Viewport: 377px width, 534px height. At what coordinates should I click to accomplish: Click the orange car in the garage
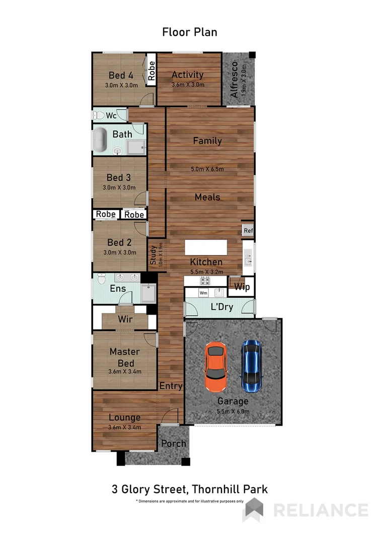pyautogui.click(x=215, y=368)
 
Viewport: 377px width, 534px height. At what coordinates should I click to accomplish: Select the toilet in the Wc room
pyautogui.click(x=99, y=115)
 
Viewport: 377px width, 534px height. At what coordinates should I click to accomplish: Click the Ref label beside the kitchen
pyautogui.click(x=248, y=231)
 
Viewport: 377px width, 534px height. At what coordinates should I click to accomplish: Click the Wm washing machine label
pyautogui.click(x=203, y=293)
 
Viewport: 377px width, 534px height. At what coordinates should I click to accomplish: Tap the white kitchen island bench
pyautogui.click(x=205, y=247)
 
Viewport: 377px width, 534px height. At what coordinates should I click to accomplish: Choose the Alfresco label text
pyautogui.click(x=234, y=81)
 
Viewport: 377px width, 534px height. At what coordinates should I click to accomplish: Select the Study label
pyautogui.click(x=153, y=255)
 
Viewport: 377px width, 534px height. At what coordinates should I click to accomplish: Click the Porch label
pyautogui.click(x=173, y=444)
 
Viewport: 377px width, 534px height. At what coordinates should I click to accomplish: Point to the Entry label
pyautogui.click(x=171, y=386)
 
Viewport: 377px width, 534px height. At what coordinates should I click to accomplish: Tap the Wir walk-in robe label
pyautogui.click(x=125, y=319)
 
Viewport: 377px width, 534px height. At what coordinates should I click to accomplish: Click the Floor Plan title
pyautogui.click(x=190, y=32)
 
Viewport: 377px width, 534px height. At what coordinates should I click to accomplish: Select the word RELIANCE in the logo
pyautogui.click(x=320, y=510)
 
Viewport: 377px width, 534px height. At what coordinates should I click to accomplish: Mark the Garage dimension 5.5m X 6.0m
pyautogui.click(x=233, y=411)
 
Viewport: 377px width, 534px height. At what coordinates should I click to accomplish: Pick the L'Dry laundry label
pyautogui.click(x=222, y=306)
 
